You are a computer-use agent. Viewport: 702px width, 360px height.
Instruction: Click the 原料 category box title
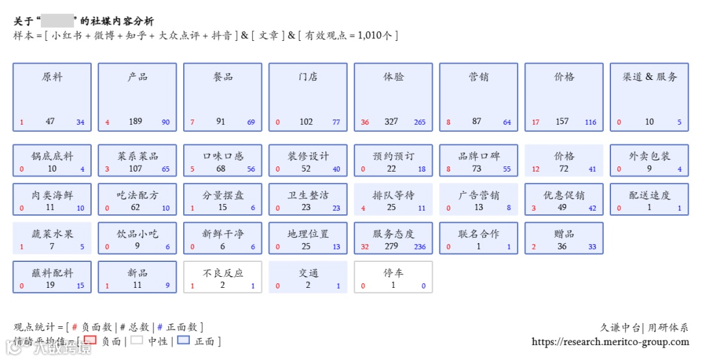(52, 77)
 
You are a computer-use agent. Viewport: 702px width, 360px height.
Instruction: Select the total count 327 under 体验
(391, 122)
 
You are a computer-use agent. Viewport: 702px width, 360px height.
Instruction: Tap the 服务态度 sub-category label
(393, 234)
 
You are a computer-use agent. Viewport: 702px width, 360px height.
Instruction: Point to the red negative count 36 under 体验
(365, 122)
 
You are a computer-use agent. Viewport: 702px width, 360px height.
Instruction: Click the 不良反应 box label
(223, 273)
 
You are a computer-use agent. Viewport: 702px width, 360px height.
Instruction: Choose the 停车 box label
(393, 273)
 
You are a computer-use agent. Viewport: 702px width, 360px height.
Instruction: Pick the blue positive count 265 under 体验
(419, 122)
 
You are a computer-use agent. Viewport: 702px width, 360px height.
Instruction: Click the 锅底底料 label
(52, 156)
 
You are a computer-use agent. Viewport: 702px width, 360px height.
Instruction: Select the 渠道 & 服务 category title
(649, 77)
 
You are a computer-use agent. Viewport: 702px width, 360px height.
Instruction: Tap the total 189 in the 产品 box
(135, 122)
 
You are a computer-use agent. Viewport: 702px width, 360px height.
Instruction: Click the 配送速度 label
(649, 195)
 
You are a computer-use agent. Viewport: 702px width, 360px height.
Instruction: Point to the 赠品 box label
(564, 234)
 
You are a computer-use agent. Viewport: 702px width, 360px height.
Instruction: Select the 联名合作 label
(478, 234)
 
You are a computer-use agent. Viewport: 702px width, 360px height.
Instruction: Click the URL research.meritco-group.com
(610, 342)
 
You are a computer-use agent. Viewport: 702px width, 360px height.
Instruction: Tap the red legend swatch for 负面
(90, 340)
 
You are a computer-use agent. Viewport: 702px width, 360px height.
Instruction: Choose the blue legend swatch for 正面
(183, 341)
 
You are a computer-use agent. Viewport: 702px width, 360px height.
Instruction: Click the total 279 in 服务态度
(391, 246)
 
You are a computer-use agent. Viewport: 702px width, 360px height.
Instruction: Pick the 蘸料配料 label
(52, 273)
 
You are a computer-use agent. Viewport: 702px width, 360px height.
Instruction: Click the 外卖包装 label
(649, 156)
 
